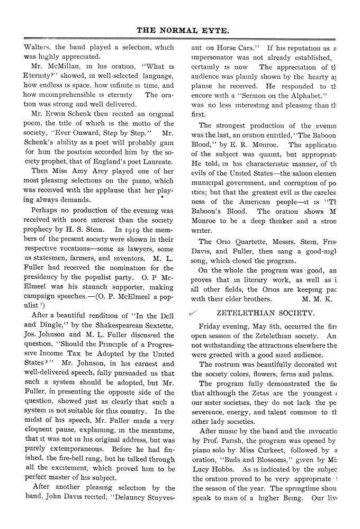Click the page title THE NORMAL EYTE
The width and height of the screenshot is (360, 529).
click(x=183, y=31)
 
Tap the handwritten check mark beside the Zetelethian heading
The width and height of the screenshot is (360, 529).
click(x=193, y=314)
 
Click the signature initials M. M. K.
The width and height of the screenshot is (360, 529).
click(x=316, y=298)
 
